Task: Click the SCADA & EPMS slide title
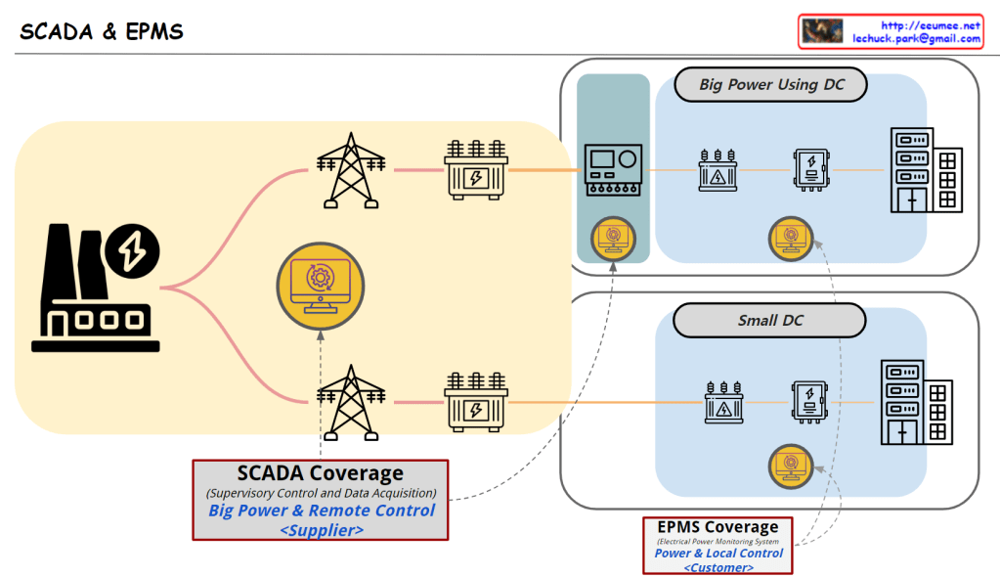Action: click(x=102, y=31)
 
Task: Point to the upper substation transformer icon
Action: click(x=476, y=169)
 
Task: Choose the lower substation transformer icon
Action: click(x=476, y=401)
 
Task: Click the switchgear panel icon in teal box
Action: click(x=613, y=170)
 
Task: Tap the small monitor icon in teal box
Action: click(x=613, y=237)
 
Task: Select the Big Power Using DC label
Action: click(x=771, y=85)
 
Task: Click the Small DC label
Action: click(x=770, y=321)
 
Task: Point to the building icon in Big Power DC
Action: click(x=926, y=170)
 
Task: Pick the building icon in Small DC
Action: click(x=916, y=402)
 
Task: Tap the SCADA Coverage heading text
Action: click(x=321, y=473)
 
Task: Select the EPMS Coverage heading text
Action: click(x=717, y=527)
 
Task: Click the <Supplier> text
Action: click(x=322, y=530)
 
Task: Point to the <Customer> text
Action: click(x=718, y=567)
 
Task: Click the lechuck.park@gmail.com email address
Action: click(x=916, y=38)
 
